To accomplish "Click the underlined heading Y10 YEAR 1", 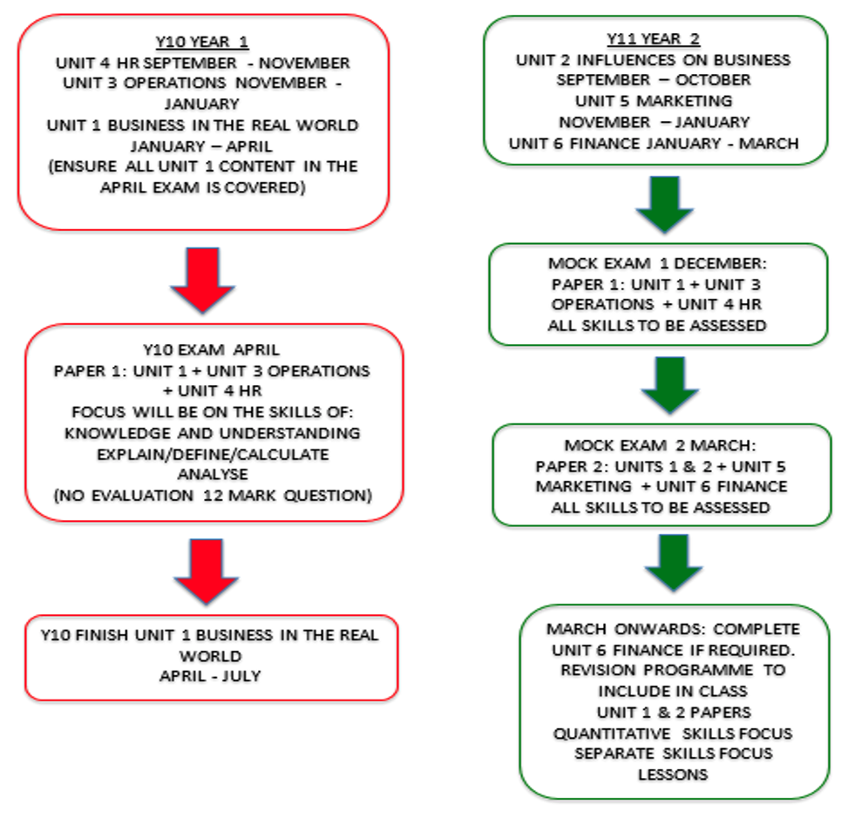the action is (x=202, y=42).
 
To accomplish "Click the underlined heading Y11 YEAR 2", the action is (x=654, y=39).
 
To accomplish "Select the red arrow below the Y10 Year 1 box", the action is (x=203, y=280).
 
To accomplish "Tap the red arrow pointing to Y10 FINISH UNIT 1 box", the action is (x=206, y=571).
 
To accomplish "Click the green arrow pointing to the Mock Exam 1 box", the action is (x=665, y=205).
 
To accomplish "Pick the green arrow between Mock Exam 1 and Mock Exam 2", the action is (x=670, y=385).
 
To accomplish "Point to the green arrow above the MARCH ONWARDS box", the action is (x=674, y=563).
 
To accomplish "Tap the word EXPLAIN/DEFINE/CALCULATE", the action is (x=213, y=454).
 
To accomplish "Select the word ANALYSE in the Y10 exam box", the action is (x=213, y=474).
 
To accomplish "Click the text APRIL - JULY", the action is (x=210, y=676).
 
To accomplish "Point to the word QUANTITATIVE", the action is (x=612, y=733).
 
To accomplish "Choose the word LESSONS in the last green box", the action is (x=673, y=774).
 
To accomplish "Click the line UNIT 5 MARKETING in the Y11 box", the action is (x=654, y=101).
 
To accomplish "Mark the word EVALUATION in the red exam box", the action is (x=142, y=495).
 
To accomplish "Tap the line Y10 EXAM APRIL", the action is (x=212, y=350).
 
